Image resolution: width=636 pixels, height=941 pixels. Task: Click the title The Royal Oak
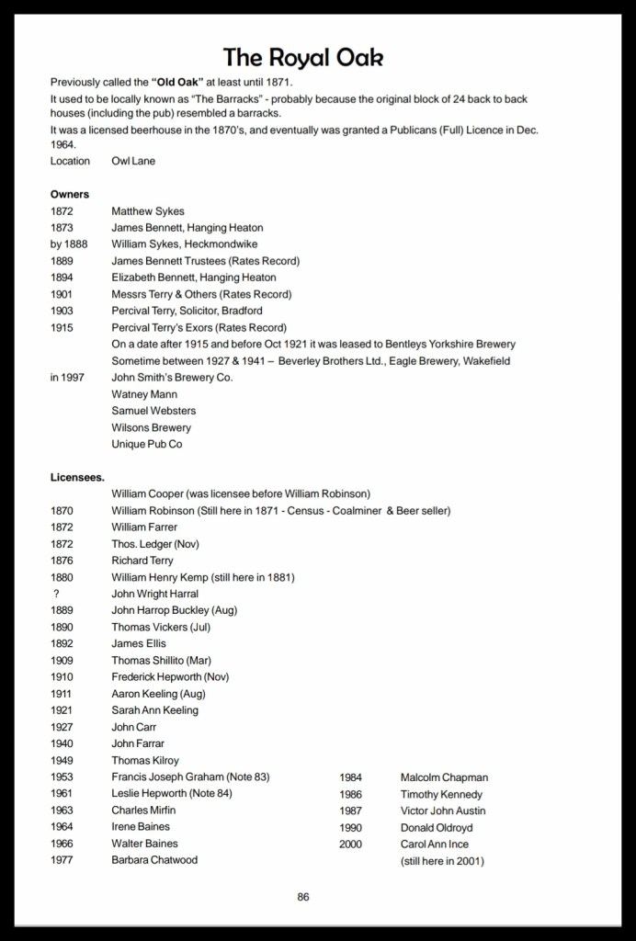click(x=302, y=58)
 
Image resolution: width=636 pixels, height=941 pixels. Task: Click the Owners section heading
click(x=70, y=194)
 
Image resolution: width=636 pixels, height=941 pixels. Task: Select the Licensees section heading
click(x=77, y=477)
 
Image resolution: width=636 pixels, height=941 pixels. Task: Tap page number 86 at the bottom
click(x=303, y=897)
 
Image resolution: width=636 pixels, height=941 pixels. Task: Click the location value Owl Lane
click(x=133, y=161)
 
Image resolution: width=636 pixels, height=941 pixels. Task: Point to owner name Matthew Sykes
click(x=148, y=211)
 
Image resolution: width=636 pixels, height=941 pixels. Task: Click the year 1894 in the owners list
click(x=62, y=278)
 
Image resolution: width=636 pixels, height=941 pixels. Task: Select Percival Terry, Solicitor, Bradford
click(x=187, y=311)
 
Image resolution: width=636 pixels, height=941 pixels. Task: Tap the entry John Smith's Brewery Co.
click(x=172, y=378)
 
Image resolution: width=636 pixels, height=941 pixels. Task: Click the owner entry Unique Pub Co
click(x=147, y=444)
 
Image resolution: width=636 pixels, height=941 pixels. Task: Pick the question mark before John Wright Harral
click(x=57, y=594)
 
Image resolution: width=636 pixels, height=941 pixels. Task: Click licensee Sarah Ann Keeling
click(x=154, y=710)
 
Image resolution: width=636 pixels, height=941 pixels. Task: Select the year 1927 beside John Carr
click(x=62, y=727)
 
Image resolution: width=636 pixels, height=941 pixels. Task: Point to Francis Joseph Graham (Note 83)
click(x=190, y=777)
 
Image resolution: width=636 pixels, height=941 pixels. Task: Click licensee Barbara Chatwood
click(x=154, y=860)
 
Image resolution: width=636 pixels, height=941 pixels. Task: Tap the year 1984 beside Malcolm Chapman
click(x=351, y=777)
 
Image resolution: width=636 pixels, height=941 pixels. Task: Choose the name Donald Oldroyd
click(x=437, y=827)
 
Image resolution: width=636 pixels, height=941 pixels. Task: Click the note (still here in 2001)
click(x=442, y=861)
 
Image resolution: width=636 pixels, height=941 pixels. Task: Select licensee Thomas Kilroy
click(x=145, y=761)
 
